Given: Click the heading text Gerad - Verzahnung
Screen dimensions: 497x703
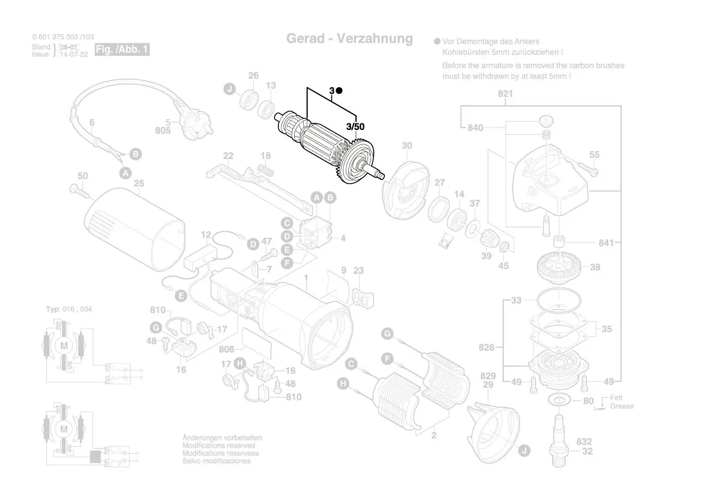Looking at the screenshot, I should (349, 39).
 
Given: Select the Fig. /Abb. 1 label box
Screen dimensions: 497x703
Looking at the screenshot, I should (122, 50).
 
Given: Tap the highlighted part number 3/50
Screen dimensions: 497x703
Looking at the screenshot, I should (355, 127).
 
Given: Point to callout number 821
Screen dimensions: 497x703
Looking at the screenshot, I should (505, 94).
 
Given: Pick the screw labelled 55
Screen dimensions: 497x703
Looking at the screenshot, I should (586, 168).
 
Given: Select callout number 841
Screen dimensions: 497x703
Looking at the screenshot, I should (606, 243).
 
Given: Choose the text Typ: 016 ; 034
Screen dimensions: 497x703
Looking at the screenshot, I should (69, 309).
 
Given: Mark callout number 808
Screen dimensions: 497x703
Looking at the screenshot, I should (226, 349).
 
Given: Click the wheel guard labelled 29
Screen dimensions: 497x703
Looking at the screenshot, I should (496, 427).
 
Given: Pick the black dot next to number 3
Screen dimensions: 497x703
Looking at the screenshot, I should (339, 91).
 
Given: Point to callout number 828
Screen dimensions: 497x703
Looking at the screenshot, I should (487, 348).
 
